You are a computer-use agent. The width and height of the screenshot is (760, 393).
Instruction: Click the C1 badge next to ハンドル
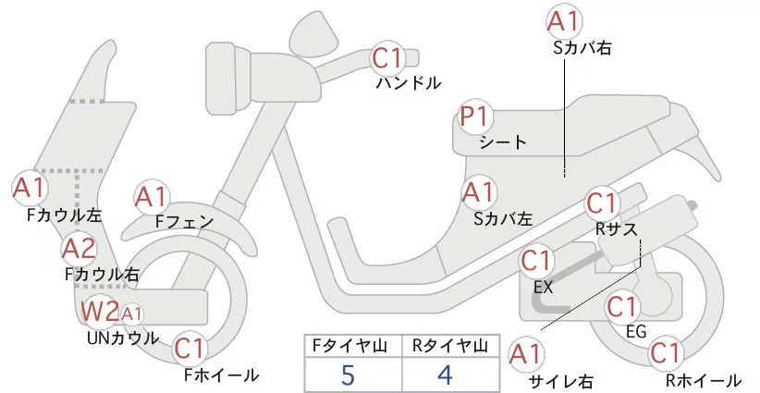(x=387, y=59)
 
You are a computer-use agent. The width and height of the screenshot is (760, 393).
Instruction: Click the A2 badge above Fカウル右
(x=79, y=249)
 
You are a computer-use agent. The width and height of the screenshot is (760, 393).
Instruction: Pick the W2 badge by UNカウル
(x=99, y=312)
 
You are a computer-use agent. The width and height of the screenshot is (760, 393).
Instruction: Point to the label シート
(x=503, y=142)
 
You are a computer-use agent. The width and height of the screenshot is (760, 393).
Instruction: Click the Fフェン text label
(x=184, y=221)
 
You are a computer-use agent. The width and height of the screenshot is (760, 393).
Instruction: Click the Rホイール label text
(x=704, y=380)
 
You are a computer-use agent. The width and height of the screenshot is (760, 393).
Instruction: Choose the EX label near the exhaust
(x=544, y=287)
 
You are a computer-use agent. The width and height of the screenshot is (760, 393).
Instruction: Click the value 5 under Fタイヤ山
(x=348, y=375)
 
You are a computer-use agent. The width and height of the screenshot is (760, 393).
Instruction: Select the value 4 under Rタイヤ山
(x=445, y=375)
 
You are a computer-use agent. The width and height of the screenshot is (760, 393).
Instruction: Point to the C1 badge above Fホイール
(x=190, y=350)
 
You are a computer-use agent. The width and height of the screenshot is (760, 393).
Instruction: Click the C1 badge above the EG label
(x=623, y=306)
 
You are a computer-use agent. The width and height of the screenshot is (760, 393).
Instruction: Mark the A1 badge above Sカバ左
(x=478, y=193)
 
